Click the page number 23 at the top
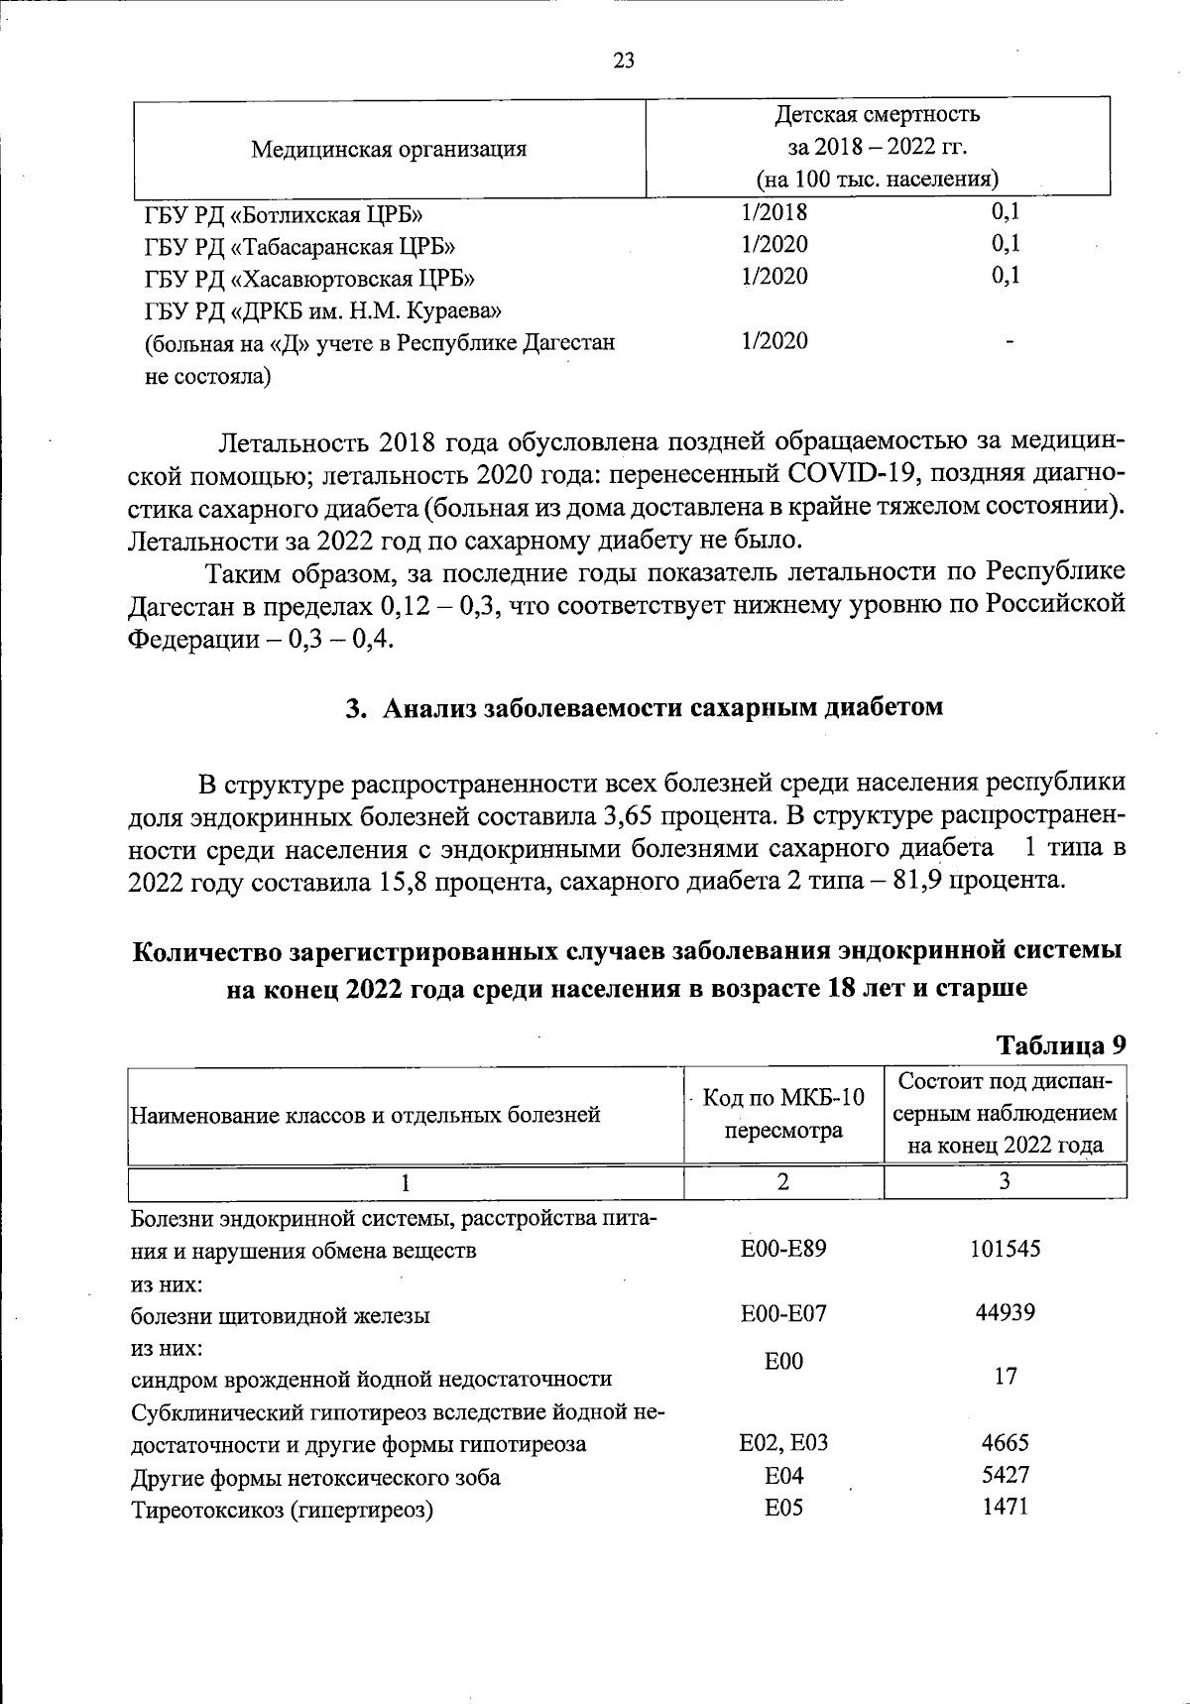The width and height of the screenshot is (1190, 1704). click(624, 61)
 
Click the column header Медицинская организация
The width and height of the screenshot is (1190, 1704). click(388, 150)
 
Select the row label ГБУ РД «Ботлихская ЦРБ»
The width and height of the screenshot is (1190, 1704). click(287, 214)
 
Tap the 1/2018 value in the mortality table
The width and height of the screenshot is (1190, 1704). click(774, 212)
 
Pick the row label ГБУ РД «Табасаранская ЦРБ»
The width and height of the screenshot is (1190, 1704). click(299, 246)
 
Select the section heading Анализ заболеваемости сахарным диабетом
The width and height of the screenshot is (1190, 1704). click(662, 707)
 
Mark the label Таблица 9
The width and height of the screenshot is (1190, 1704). click(1061, 1045)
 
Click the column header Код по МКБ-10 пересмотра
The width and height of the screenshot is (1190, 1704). click(783, 1113)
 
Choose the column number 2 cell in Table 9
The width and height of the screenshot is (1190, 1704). click(783, 1181)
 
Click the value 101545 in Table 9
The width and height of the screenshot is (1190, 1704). click(1005, 1249)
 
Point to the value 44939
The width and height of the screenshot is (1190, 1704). click(1005, 1313)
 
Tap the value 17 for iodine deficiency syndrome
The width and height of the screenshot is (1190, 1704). click(1005, 1377)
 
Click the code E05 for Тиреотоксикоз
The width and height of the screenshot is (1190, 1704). click(783, 1509)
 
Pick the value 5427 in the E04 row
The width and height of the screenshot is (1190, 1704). click(1005, 1475)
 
